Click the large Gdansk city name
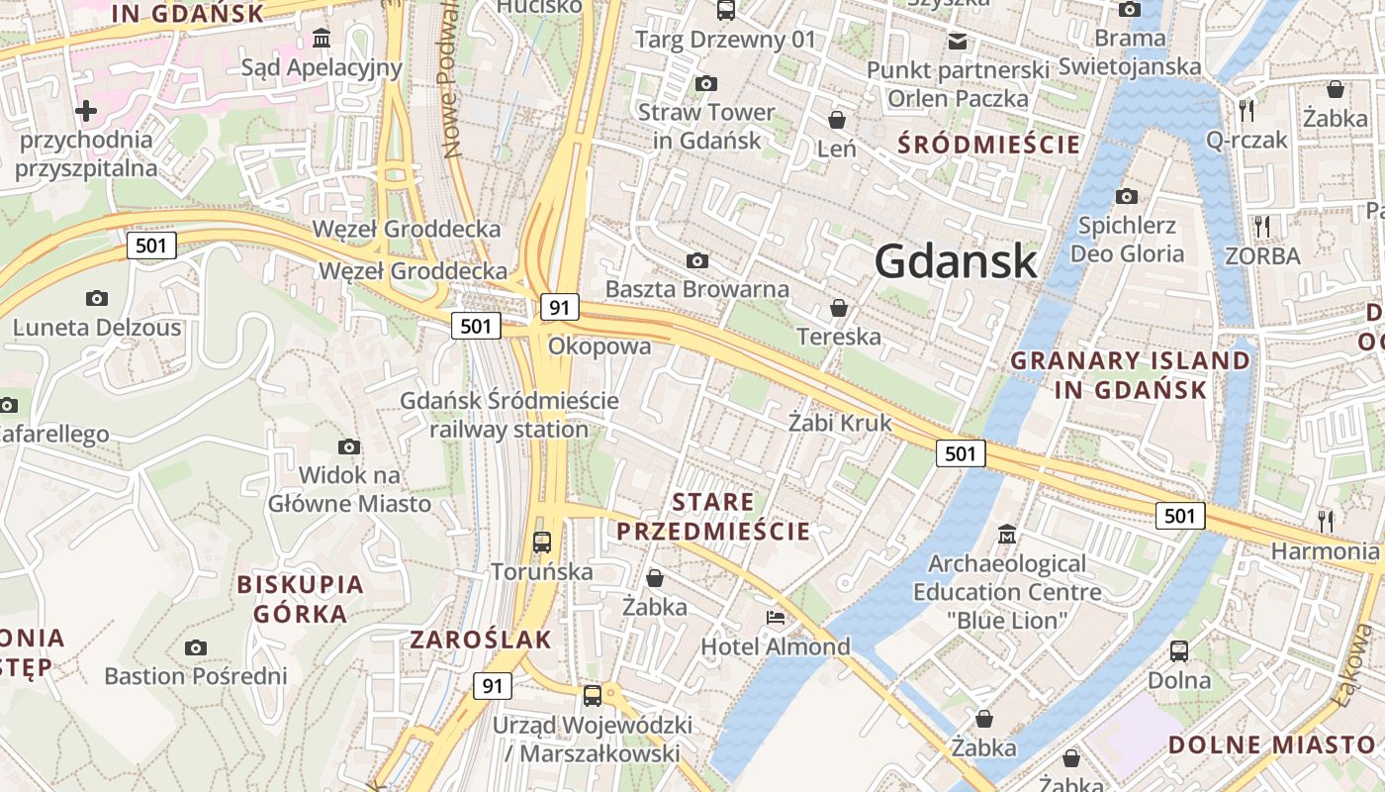(x=956, y=261)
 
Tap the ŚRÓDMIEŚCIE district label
(x=989, y=145)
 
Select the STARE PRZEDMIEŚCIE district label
(x=713, y=517)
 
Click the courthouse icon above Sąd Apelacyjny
(x=322, y=39)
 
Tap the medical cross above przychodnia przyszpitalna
(x=86, y=111)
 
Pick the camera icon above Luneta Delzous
(x=97, y=298)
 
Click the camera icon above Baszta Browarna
(x=697, y=260)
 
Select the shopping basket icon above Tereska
(x=839, y=308)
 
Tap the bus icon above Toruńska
(x=542, y=542)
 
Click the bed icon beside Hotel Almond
(x=776, y=618)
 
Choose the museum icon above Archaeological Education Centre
(x=1007, y=534)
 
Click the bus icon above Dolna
(x=1179, y=650)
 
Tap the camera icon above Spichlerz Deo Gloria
(x=1126, y=196)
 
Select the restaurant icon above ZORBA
(x=1261, y=227)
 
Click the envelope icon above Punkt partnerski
(x=957, y=41)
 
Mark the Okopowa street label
(x=600, y=346)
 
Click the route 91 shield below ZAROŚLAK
(x=492, y=685)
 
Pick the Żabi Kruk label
(x=840, y=423)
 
